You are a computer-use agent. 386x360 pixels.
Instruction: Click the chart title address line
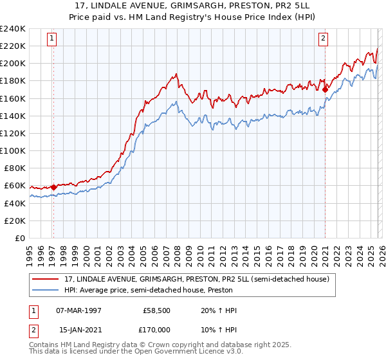click(x=193, y=5)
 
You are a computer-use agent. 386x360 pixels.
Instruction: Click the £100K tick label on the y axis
click(x=13, y=150)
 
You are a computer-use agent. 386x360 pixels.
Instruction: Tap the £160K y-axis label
click(x=13, y=98)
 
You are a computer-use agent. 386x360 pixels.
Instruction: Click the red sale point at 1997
click(x=53, y=187)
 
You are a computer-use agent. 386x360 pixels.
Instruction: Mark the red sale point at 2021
click(x=325, y=90)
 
